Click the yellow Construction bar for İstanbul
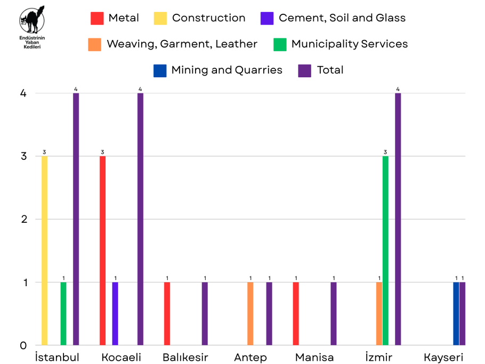click(x=44, y=250)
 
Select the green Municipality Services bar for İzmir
click(x=385, y=250)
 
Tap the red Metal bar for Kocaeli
click(x=102, y=250)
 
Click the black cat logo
click(x=31, y=21)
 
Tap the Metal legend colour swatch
click(x=97, y=18)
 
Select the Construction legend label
click(x=208, y=18)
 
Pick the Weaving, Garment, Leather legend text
click(x=182, y=44)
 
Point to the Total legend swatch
click(x=304, y=70)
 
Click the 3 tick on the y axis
click(x=23, y=156)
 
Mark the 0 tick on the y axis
click(x=23, y=345)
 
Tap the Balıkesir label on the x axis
click(x=185, y=357)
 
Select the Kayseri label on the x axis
click(x=443, y=357)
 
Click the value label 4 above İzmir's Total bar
click(x=398, y=89)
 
